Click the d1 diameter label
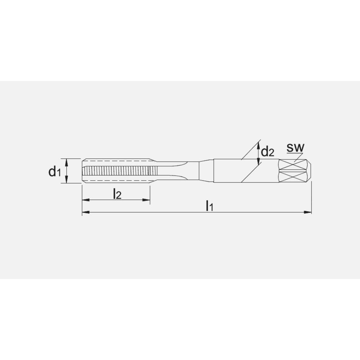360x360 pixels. click(x=55, y=172)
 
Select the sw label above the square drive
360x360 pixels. click(x=296, y=147)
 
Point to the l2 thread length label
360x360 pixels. click(x=117, y=194)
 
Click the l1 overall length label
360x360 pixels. click(x=210, y=206)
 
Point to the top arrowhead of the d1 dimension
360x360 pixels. click(x=66, y=162)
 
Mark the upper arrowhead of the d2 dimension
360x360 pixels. click(x=258, y=145)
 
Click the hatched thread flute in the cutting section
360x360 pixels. click(x=115, y=171)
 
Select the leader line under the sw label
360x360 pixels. click(x=297, y=156)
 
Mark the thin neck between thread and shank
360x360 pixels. click(x=180, y=171)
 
